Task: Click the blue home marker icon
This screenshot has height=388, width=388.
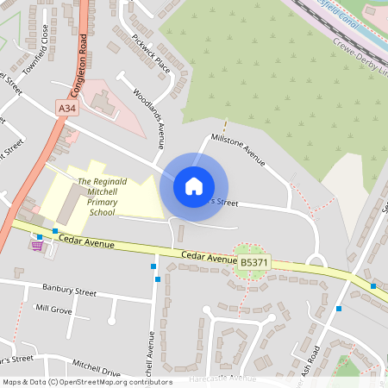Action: pyautogui.click(x=194, y=185)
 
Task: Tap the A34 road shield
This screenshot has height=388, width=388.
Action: pyautogui.click(x=67, y=107)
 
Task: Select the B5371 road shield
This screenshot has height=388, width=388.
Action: pyautogui.click(x=253, y=260)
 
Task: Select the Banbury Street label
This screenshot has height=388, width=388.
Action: pyautogui.click(x=69, y=291)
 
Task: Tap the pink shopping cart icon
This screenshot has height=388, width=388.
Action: pyautogui.click(x=36, y=245)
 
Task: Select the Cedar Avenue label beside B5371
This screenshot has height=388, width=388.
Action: pyautogui.click(x=210, y=257)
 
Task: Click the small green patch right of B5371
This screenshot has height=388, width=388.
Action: pyautogui.click(x=251, y=270)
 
